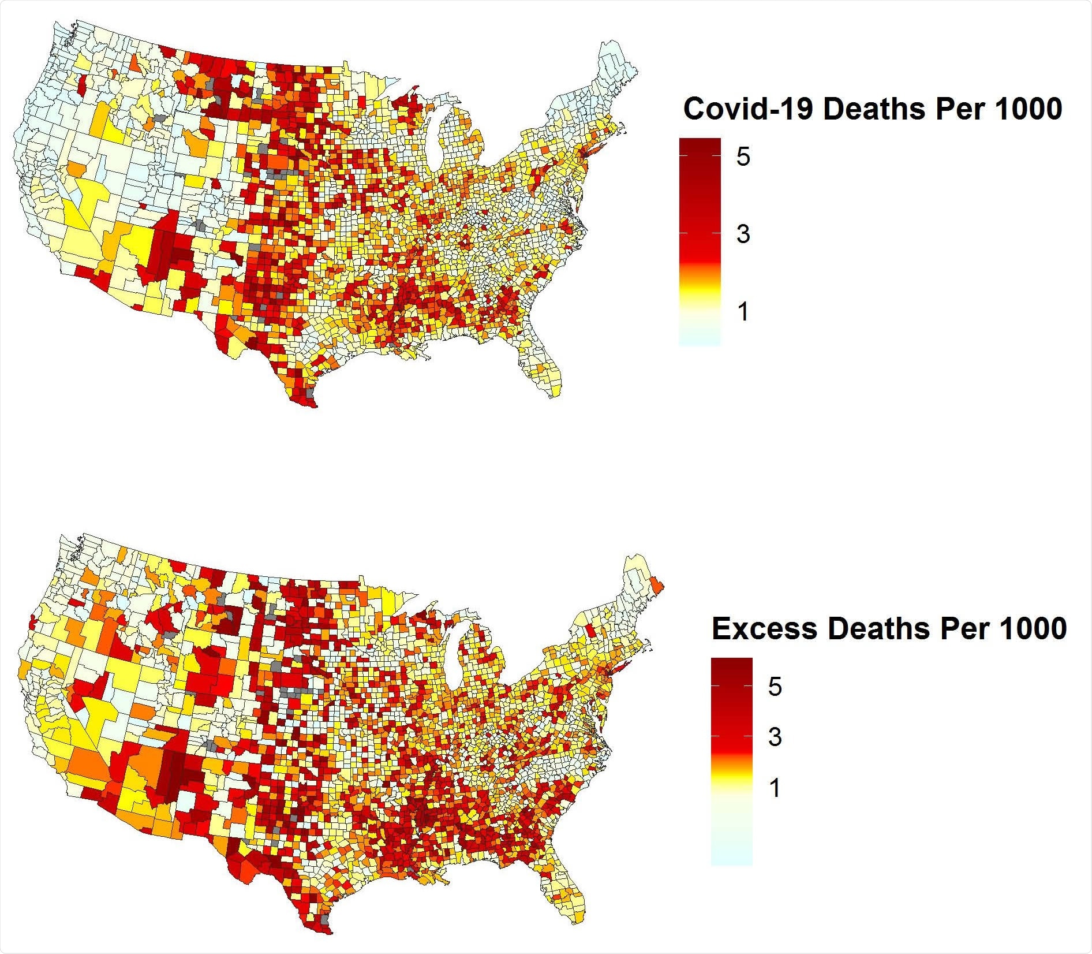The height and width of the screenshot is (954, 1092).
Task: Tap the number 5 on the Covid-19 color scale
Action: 743,156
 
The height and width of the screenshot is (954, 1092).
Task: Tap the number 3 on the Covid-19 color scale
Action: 743,234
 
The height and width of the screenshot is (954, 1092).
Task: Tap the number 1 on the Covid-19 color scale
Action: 743,312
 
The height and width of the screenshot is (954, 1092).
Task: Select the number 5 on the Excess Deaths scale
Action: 775,686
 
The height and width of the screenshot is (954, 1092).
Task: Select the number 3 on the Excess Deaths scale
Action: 775,737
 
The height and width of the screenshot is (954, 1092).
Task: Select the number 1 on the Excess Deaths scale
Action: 775,788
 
